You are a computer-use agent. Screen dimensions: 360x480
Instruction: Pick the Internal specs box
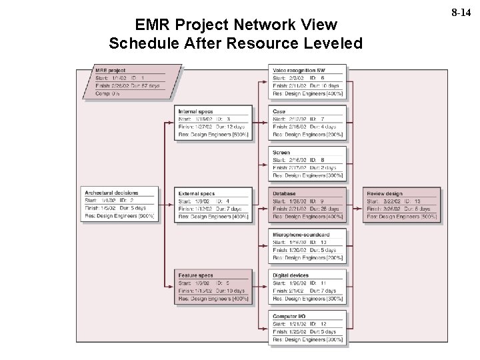coord(214,123)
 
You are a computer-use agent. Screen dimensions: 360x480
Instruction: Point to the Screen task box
coord(308,164)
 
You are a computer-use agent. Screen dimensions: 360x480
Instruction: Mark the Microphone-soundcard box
coord(308,246)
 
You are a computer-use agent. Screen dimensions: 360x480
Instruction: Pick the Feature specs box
coord(214,287)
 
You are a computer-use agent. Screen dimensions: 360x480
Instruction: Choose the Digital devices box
coord(308,287)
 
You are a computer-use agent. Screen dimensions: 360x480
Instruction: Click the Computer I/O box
coord(308,328)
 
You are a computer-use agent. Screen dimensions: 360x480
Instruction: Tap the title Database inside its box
coord(285,193)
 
